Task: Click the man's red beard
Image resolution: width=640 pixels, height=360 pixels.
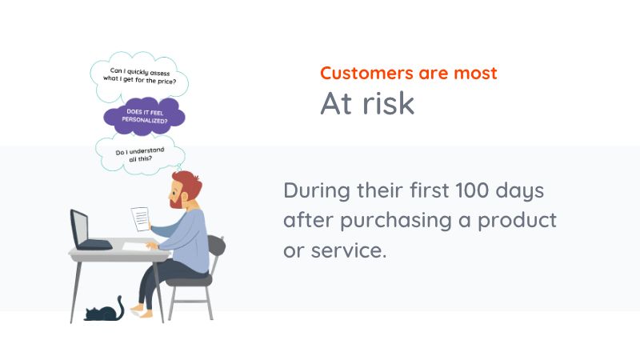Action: click(177, 201)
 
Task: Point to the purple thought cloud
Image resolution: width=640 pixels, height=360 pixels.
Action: click(144, 117)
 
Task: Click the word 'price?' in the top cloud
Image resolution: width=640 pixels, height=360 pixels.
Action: click(174, 82)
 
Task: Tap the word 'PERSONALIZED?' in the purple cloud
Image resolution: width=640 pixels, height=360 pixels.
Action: click(144, 121)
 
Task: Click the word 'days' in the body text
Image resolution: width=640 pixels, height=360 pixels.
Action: click(523, 192)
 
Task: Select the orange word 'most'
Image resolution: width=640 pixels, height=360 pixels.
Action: click(474, 74)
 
